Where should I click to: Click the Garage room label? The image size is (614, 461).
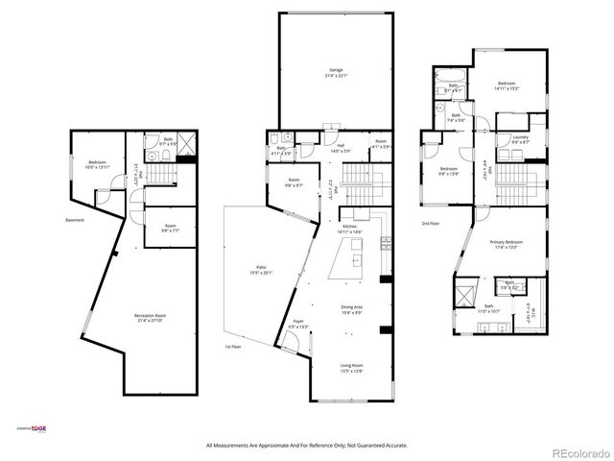coord(336,70)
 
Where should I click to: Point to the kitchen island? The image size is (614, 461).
coord(356,260)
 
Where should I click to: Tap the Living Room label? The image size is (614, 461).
coord(351,366)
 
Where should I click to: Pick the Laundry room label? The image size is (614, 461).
coord(520,137)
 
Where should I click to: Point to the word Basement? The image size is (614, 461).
coord(75,220)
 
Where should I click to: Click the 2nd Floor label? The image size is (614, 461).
coord(429,223)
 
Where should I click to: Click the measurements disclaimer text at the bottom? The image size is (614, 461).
coord(307,445)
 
